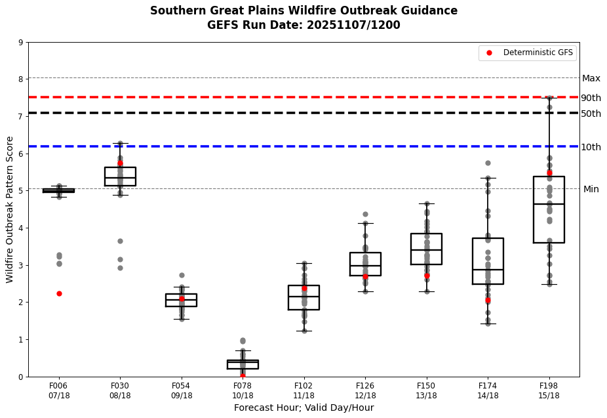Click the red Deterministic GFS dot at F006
click(59, 293)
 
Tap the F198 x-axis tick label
click(549, 390)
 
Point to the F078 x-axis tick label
click(243, 390)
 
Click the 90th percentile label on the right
click(591, 98)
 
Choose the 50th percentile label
click(591, 114)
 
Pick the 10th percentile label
click(591, 147)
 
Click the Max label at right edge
click(591, 78)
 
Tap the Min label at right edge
click(591, 189)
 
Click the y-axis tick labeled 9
click(21, 43)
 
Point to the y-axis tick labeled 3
click(21, 265)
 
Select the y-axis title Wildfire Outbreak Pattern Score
click(10, 209)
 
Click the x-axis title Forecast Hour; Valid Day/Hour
click(303, 408)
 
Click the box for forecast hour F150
click(426, 249)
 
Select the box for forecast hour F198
click(549, 210)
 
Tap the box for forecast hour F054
click(182, 300)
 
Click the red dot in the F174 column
click(488, 300)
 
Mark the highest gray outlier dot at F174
click(488, 163)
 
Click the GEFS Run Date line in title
click(303, 26)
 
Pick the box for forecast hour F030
click(120, 177)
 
